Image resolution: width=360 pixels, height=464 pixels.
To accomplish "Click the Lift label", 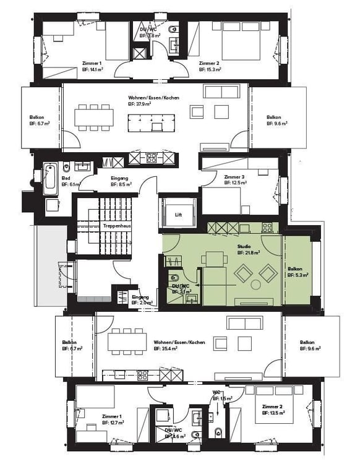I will coord(178,215).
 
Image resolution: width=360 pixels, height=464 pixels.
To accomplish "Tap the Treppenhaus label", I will coord(116,226).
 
